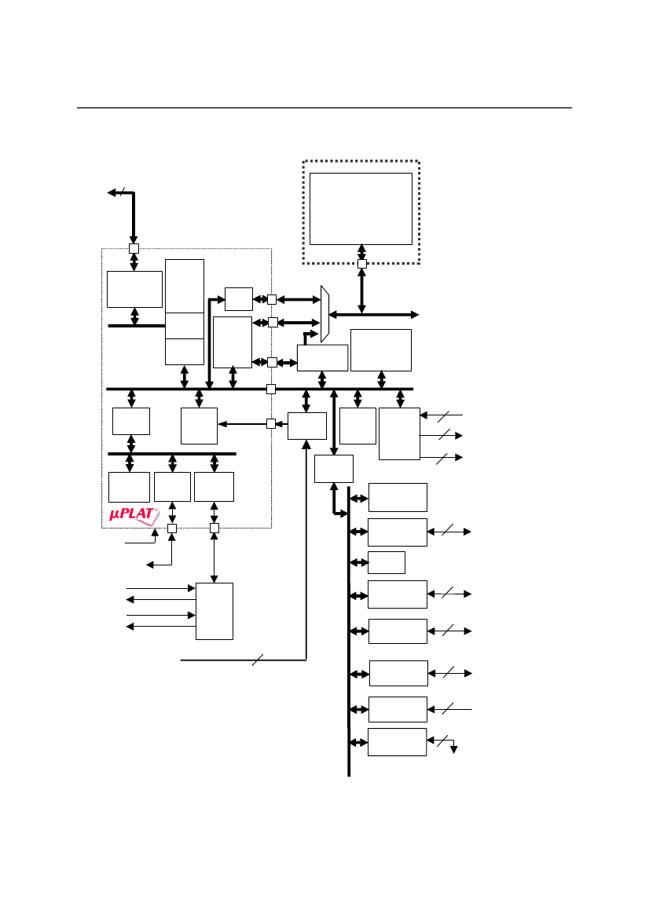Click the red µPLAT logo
pos(134,516)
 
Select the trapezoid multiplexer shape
pos(324,314)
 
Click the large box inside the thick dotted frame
pos(361,209)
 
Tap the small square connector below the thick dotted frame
pos(361,264)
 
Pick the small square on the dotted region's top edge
pos(134,248)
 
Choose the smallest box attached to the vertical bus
pos(386,562)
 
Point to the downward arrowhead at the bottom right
pos(453,749)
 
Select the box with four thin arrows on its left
pos(214,611)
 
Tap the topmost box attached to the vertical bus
pos(398,497)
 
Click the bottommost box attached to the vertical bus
pos(397,742)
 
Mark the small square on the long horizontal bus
pos(271,389)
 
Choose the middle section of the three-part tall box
pos(185,325)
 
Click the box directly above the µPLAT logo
pos(129,487)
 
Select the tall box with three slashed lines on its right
pos(399,433)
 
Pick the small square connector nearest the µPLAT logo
pos(172,528)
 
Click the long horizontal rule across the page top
pos(324,108)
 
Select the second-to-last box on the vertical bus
pos(398,709)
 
